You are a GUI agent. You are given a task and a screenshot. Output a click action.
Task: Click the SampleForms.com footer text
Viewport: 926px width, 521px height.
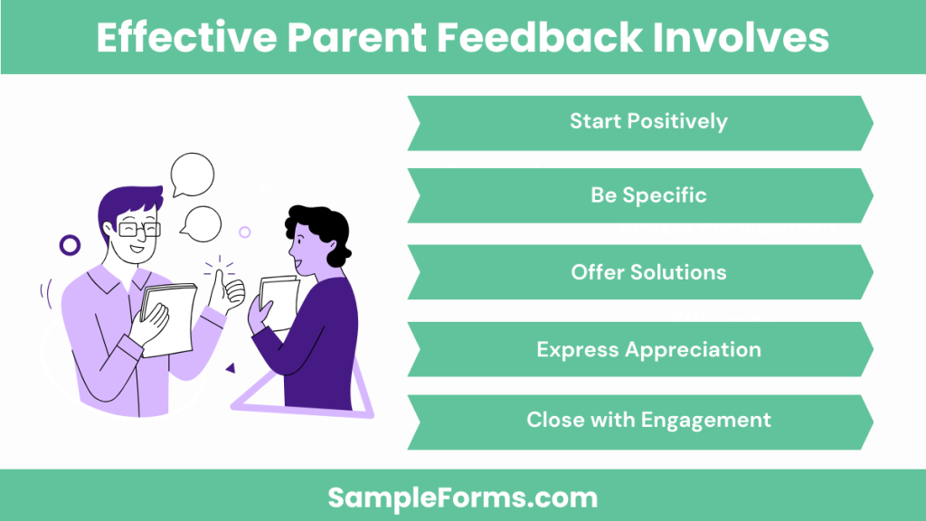(x=462, y=497)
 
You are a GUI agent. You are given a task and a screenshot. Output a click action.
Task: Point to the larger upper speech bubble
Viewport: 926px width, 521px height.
(x=193, y=174)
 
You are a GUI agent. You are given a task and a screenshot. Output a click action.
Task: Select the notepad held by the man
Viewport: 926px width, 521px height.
(x=169, y=317)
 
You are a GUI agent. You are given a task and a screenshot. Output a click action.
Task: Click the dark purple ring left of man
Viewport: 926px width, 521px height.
(x=70, y=244)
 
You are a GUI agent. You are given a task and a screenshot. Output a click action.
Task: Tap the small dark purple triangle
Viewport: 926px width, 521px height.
(x=231, y=368)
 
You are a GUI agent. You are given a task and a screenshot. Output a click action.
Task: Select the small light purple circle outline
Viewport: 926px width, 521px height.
(x=244, y=232)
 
